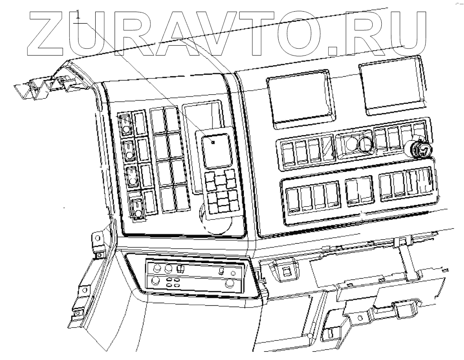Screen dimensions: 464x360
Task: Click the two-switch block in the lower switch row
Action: pos(359,190)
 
